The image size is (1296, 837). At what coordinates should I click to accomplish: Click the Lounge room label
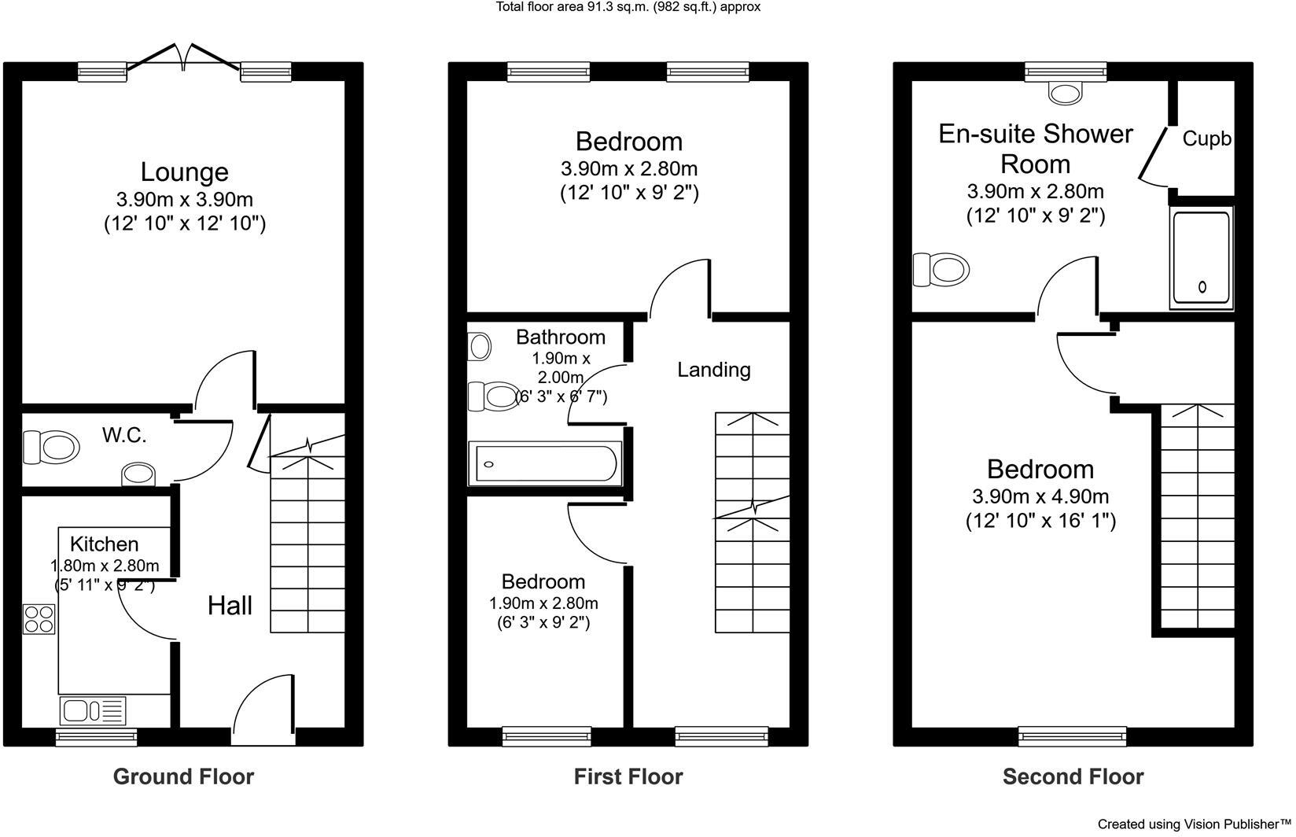tap(184, 171)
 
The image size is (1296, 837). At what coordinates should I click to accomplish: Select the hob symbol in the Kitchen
tap(39, 618)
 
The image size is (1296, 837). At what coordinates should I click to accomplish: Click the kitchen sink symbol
tap(92, 710)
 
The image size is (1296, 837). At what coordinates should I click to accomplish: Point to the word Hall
tap(230, 606)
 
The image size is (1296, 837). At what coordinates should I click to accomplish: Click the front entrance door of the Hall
tap(264, 712)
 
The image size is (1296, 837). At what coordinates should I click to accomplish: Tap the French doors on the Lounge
tap(184, 57)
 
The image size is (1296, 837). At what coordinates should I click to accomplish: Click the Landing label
tap(713, 370)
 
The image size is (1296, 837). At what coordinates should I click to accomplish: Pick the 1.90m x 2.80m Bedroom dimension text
tap(543, 603)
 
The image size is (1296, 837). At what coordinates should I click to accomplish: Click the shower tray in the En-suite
tap(1201, 257)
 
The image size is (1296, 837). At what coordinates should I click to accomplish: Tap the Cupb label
tap(1206, 139)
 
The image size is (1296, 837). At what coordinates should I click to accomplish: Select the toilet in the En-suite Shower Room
tap(941, 270)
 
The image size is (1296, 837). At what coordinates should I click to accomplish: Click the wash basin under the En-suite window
tap(1066, 94)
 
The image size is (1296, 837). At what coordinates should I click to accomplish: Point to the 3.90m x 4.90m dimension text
tap(1040, 496)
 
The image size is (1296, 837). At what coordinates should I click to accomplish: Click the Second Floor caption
tap(1073, 777)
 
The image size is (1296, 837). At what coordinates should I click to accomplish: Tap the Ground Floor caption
tap(183, 777)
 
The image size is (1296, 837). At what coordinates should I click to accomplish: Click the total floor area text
tap(627, 7)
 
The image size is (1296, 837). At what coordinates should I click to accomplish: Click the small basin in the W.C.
tap(139, 474)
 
